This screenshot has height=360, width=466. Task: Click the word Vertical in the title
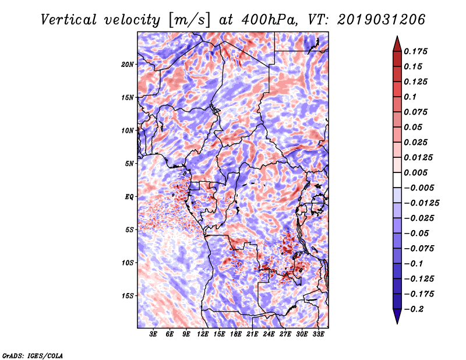coord(69,20)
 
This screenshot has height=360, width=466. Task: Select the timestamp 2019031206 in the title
coord(381,20)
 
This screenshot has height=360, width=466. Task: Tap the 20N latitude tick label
coord(127,65)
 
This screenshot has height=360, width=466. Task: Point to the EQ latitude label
coord(129,197)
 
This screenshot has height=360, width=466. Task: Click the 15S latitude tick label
coord(127,296)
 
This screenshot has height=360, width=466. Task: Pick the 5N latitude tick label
coord(129,164)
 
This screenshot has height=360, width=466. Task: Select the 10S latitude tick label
coord(127,263)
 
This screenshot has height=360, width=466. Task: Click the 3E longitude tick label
coord(153,334)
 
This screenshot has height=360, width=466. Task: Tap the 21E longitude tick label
coord(252,334)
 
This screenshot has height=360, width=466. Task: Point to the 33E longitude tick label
coord(318,334)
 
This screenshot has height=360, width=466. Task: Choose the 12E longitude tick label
coord(202,334)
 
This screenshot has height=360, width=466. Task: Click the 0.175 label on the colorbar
coord(415,51)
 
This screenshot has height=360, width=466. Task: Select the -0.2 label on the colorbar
coord(414,309)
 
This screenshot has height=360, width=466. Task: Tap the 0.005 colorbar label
coord(415,172)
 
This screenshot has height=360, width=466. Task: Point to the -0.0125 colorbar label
coord(421,203)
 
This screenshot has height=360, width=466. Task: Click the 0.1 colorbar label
coord(410,97)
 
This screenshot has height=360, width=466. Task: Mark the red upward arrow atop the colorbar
coord(397,44)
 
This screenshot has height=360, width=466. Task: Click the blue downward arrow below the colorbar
coord(397,316)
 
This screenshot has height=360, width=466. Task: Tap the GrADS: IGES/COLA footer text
coord(33,355)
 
